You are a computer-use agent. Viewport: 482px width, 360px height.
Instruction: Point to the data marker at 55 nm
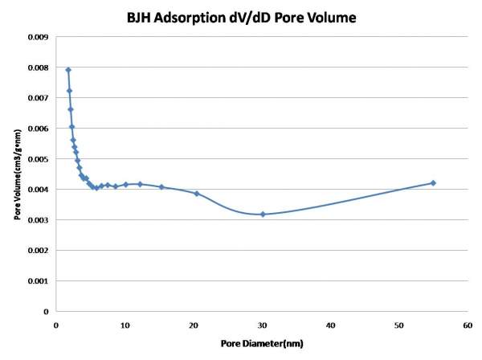[433, 183]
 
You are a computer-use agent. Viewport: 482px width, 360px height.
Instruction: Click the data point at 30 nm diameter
[263, 214]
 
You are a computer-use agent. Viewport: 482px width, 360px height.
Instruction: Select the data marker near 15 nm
[161, 187]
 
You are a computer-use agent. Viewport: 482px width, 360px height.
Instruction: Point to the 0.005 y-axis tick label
[38, 159]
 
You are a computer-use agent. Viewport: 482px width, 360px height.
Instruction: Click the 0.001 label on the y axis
[38, 281]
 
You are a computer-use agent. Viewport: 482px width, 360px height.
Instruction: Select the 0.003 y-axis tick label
[38, 220]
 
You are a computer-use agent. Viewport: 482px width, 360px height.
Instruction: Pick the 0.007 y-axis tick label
[38, 98]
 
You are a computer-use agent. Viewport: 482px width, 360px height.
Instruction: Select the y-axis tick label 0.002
[38, 251]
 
